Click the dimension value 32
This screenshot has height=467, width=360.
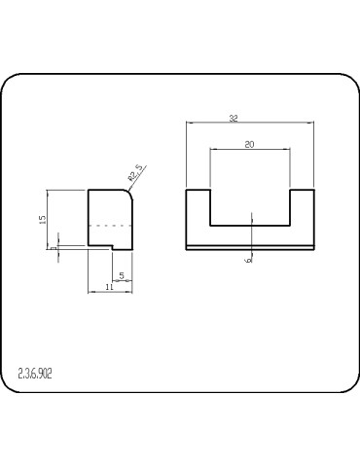coord(234,118)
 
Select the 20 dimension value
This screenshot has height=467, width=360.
coord(249,145)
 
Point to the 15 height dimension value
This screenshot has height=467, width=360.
coord(44,220)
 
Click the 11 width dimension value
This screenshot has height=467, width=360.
coord(109,288)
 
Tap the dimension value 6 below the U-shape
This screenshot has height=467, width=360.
coord(249,260)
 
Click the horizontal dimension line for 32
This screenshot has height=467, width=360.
coord(250,123)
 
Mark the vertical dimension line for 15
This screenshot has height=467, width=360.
coord(50,218)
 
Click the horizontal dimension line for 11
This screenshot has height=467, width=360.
coord(111,293)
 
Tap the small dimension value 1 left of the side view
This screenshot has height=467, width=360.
coord(54,247)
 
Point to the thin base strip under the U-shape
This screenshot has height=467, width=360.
coord(250,246)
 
